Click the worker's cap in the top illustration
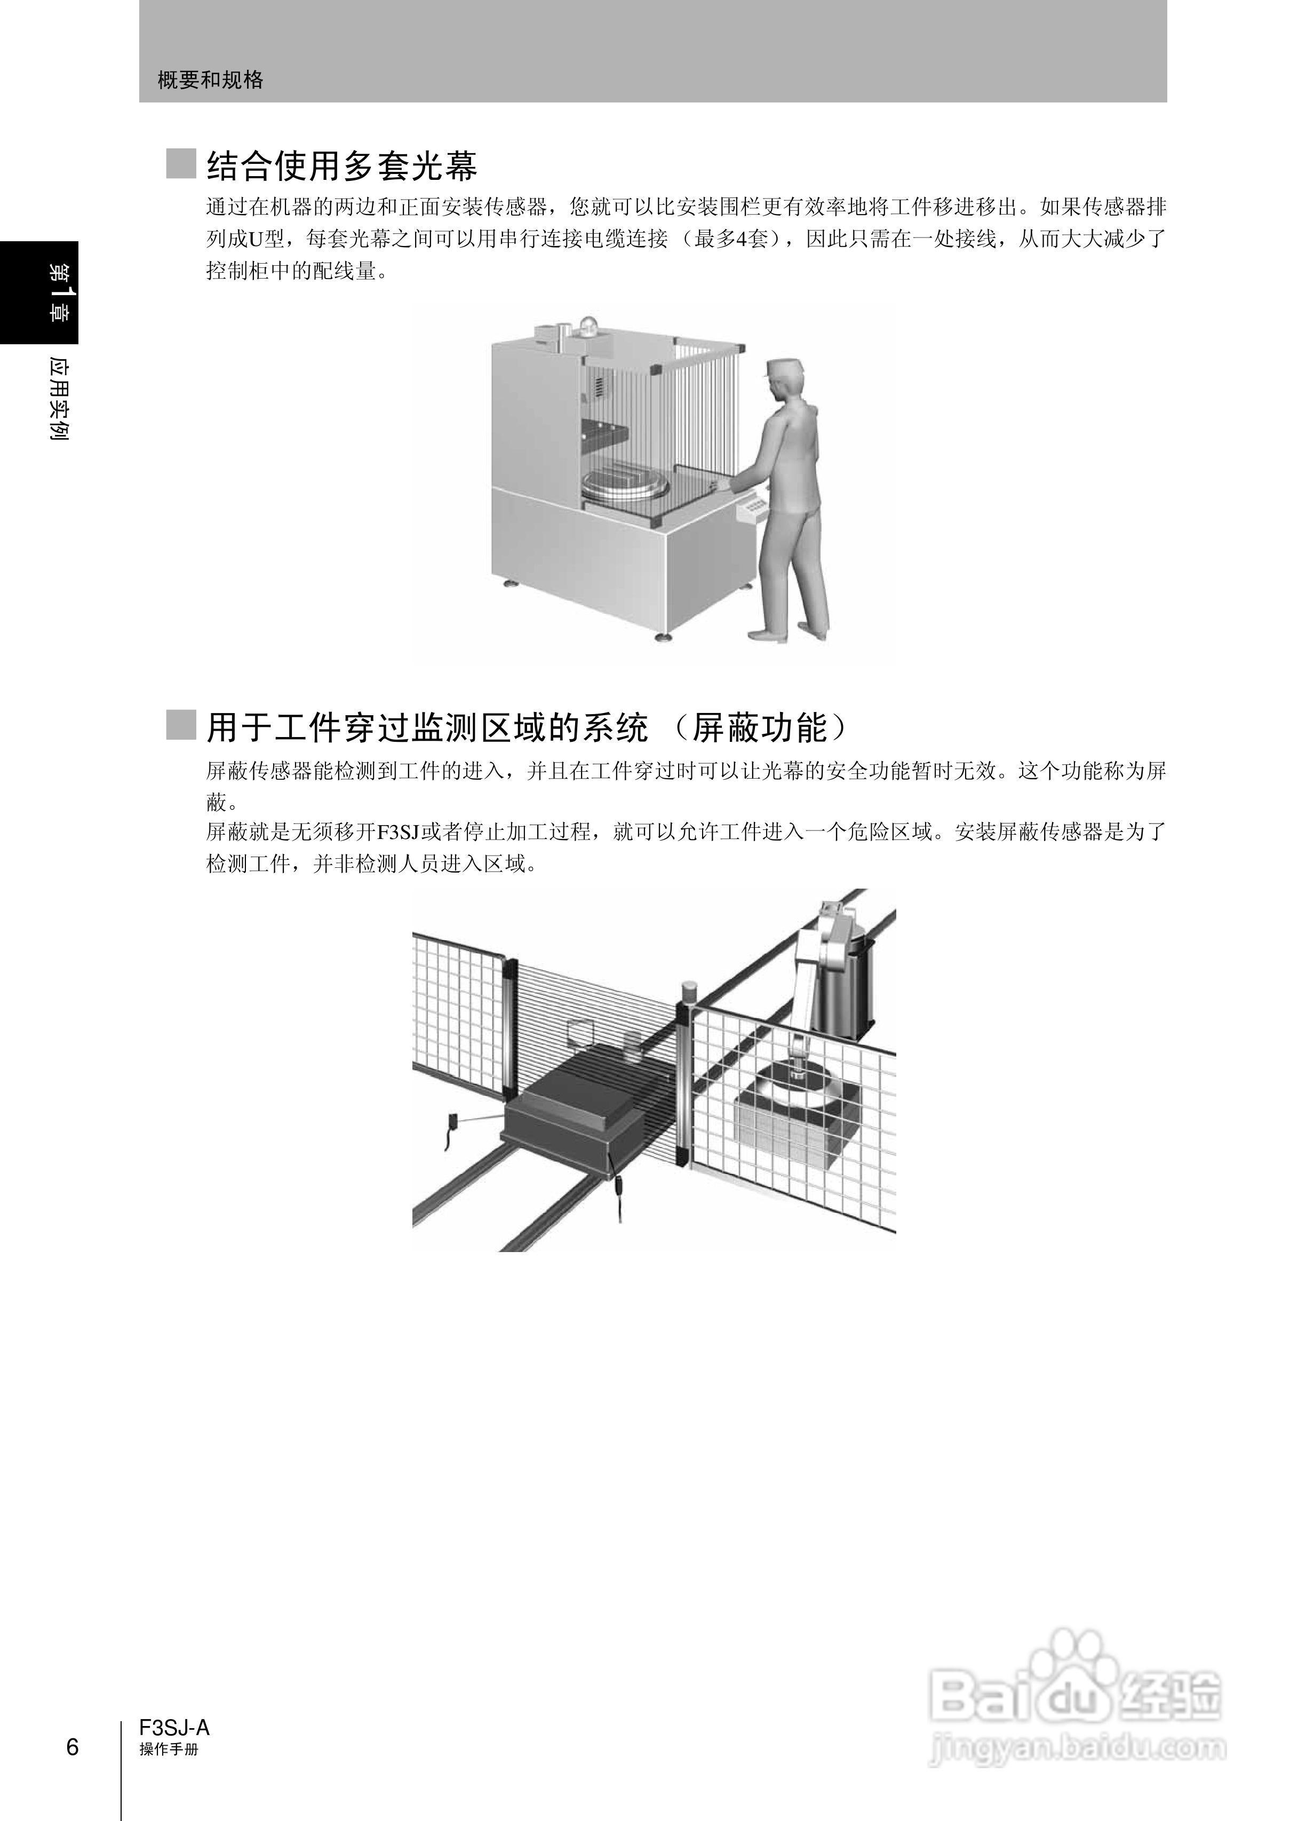click(x=783, y=371)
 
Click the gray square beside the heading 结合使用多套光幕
click(x=181, y=164)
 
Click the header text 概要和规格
click(x=210, y=80)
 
